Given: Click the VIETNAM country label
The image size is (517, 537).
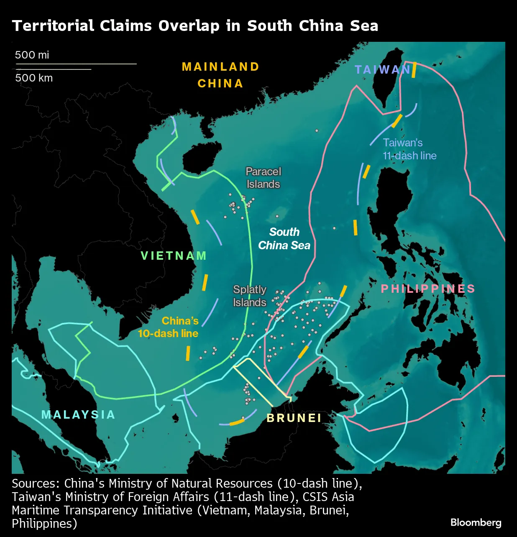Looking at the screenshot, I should (174, 256).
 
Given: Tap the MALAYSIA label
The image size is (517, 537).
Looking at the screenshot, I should (78, 414).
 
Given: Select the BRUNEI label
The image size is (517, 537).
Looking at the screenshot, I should (294, 418).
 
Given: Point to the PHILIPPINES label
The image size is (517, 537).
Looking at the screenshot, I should (428, 289).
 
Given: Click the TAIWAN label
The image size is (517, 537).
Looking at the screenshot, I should (382, 69).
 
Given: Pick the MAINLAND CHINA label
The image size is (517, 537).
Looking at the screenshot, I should (220, 75).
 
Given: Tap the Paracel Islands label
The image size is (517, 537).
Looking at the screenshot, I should (263, 178).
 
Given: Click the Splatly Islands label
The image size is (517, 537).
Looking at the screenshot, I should (250, 296).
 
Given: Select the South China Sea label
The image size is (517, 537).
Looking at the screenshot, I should (284, 238).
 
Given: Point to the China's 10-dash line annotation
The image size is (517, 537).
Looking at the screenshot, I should (168, 327).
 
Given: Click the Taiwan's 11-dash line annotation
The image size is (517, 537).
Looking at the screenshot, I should (409, 149).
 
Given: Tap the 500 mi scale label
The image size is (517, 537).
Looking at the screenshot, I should (32, 55).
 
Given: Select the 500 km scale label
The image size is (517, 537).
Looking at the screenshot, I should (34, 78).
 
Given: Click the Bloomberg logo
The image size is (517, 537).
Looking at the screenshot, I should (476, 522).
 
